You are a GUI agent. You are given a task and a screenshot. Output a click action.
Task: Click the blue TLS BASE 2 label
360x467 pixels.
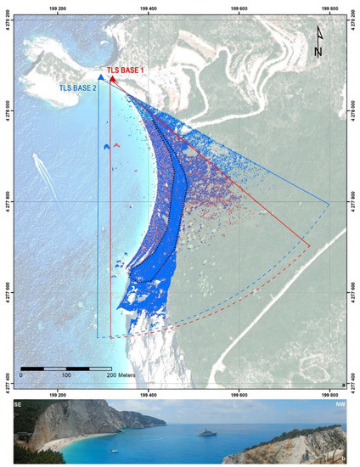pyautogui.click(x=77, y=87)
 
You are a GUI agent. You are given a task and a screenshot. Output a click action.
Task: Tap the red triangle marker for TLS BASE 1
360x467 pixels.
pyautogui.click(x=113, y=77)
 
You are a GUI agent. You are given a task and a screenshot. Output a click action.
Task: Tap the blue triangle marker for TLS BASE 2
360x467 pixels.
pyautogui.click(x=100, y=77)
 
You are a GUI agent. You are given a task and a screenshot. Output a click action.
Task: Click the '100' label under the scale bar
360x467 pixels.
pyautogui.click(x=65, y=375)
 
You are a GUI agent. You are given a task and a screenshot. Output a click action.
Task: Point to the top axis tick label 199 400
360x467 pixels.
pyautogui.click(x=148, y=9)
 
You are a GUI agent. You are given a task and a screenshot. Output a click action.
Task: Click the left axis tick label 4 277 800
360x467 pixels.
pyautogui.click(x=8, y=201)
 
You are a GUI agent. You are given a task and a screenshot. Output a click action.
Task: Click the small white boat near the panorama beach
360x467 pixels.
pyautogui.click(x=114, y=447)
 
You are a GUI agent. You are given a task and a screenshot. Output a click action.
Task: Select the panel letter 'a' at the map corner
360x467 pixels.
pyautogui.click(x=343, y=383)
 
